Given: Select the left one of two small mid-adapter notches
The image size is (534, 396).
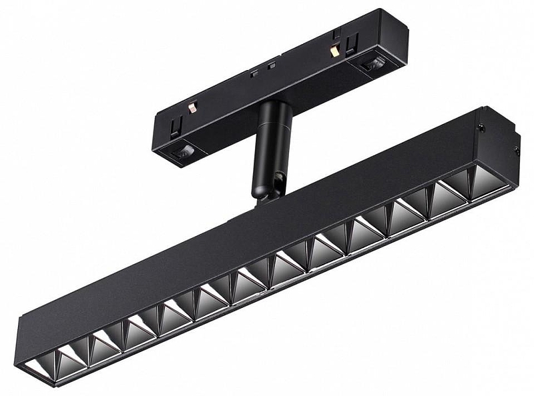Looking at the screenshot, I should pyautogui.click(x=254, y=73).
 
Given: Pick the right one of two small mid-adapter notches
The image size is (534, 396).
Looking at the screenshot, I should pyautogui.click(x=271, y=65).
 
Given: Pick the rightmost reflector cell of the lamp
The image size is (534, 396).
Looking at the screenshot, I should pyautogui.click(x=489, y=182).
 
